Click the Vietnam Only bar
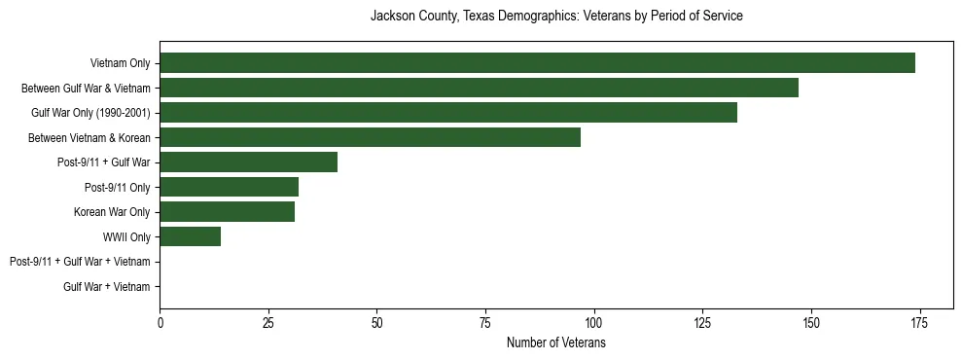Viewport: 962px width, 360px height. click(537, 63)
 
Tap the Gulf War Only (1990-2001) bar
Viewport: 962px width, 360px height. click(448, 113)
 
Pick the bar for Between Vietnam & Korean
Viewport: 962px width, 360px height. click(370, 137)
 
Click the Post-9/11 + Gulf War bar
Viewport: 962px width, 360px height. click(248, 162)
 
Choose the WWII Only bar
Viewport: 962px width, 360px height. click(190, 236)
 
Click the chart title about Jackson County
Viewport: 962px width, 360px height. click(556, 17)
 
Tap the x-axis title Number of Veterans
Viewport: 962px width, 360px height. click(556, 343)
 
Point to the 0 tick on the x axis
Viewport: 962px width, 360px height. click(160, 323)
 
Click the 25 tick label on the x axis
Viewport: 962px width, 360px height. click(267, 323)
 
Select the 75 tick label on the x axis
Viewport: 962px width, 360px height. click(484, 323)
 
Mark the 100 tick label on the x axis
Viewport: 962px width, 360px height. click(593, 323)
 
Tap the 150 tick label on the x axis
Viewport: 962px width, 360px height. click(810, 323)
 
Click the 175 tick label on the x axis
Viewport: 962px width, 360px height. click(918, 323)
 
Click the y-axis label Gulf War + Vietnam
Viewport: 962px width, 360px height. click(107, 286)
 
